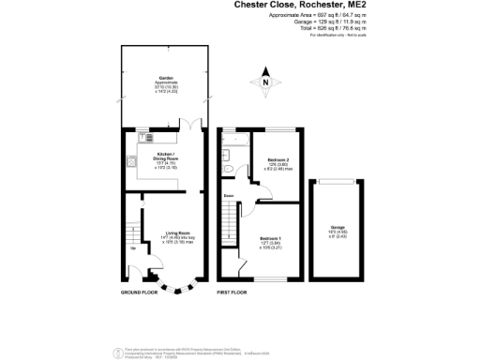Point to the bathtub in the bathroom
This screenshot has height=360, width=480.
[232, 143]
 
